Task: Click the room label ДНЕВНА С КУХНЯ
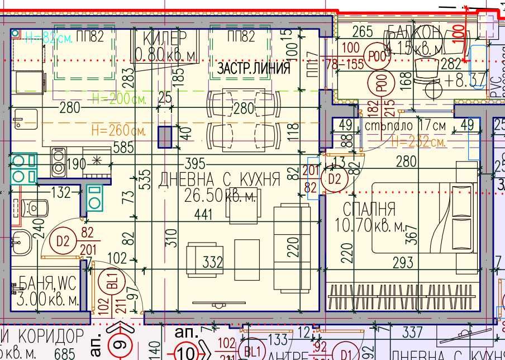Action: (x=219, y=179)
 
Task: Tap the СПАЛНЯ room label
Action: (x=369, y=210)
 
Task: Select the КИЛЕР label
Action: (x=165, y=39)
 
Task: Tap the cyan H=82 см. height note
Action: (x=49, y=37)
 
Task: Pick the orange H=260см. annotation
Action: (x=119, y=131)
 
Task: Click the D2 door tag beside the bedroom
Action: (x=334, y=179)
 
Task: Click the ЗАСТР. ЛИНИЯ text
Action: (x=254, y=69)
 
